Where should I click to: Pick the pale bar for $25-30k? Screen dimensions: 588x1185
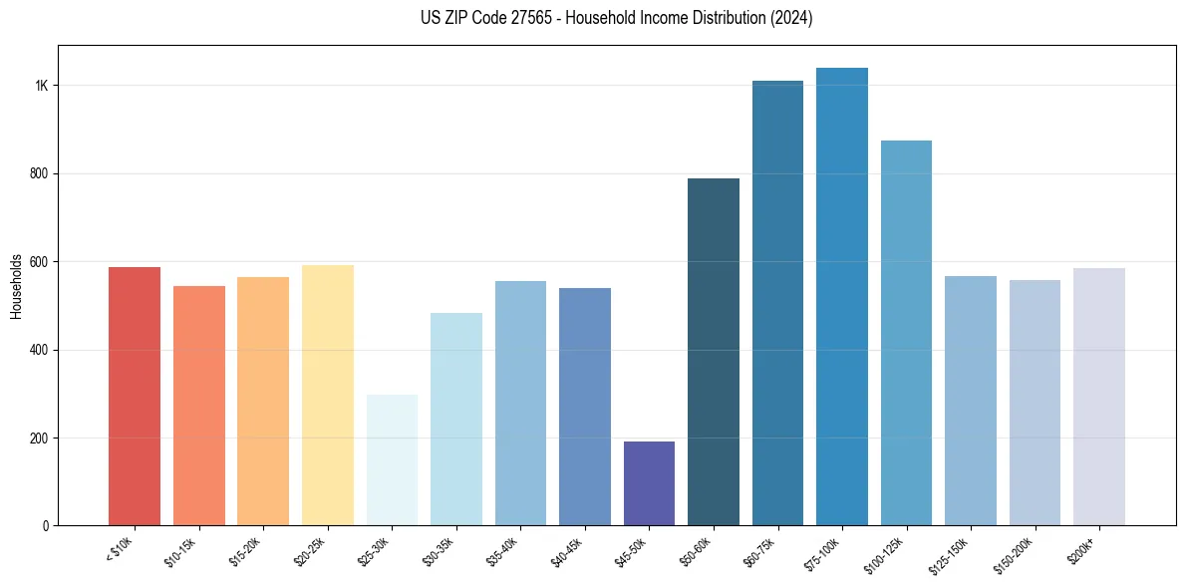pyautogui.click(x=392, y=459)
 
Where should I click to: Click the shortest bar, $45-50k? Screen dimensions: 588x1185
pyautogui.click(x=649, y=483)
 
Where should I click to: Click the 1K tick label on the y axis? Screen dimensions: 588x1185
pyautogui.click(x=41, y=86)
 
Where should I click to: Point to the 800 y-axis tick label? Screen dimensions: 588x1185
pyautogui.click(x=38, y=173)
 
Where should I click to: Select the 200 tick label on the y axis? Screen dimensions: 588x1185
pyautogui.click(x=38, y=438)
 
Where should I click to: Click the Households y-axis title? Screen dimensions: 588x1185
pyautogui.click(x=16, y=286)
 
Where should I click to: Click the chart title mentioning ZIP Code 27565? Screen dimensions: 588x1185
pyautogui.click(x=617, y=18)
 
